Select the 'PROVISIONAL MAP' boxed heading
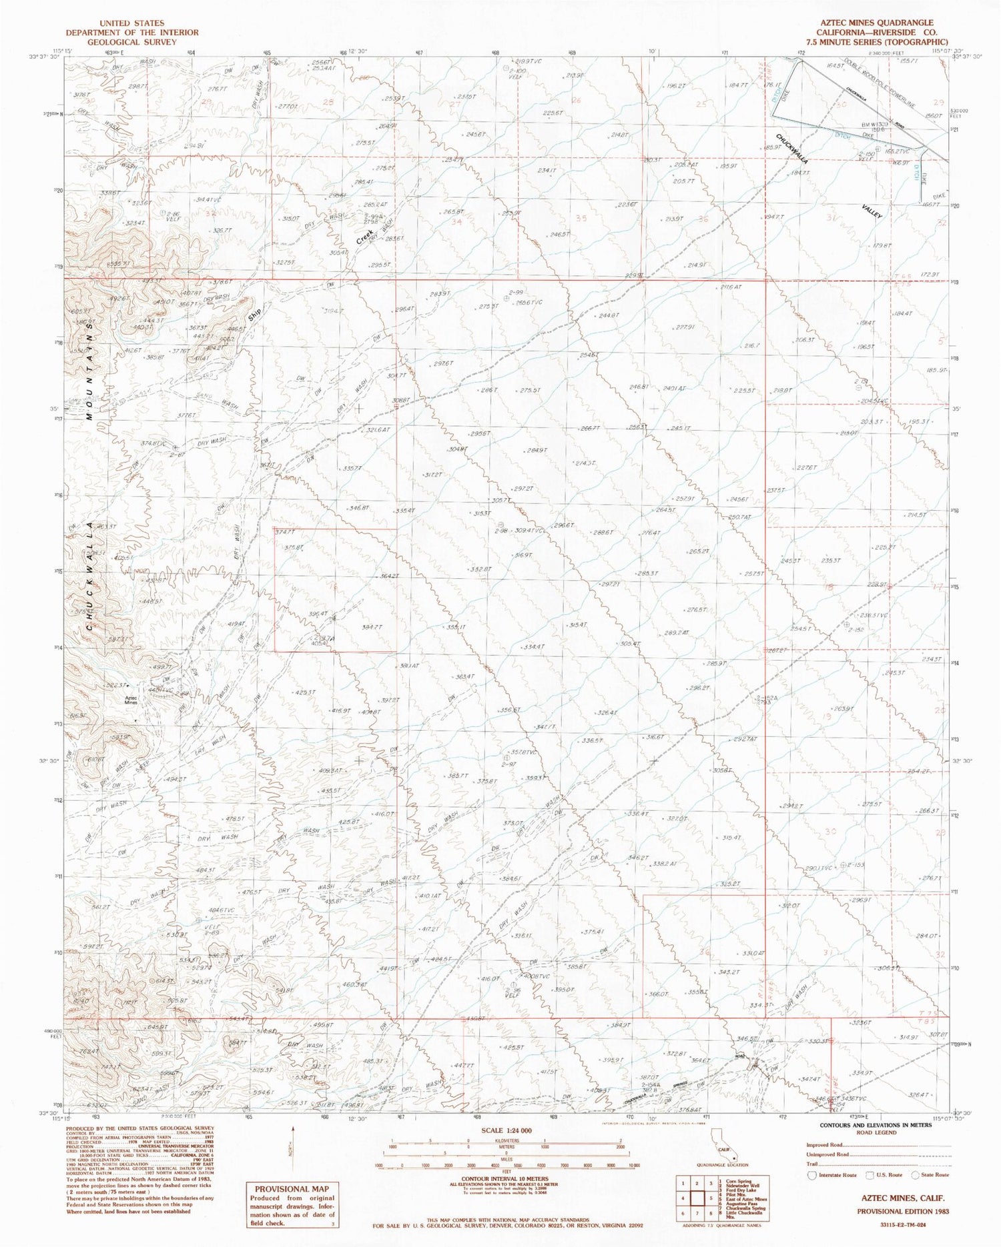point(283,1188)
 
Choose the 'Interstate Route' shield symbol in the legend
point(811,1174)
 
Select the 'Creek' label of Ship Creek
point(364,235)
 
